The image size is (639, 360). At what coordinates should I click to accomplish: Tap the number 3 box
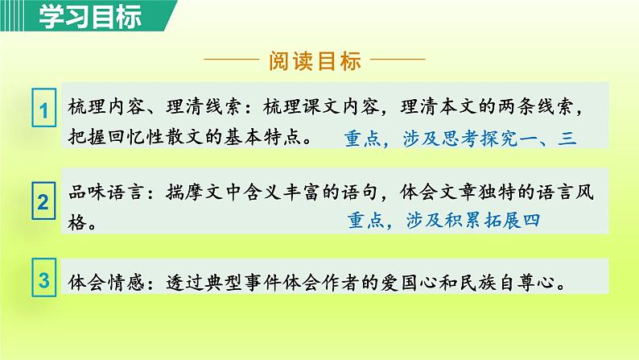click(43, 281)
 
